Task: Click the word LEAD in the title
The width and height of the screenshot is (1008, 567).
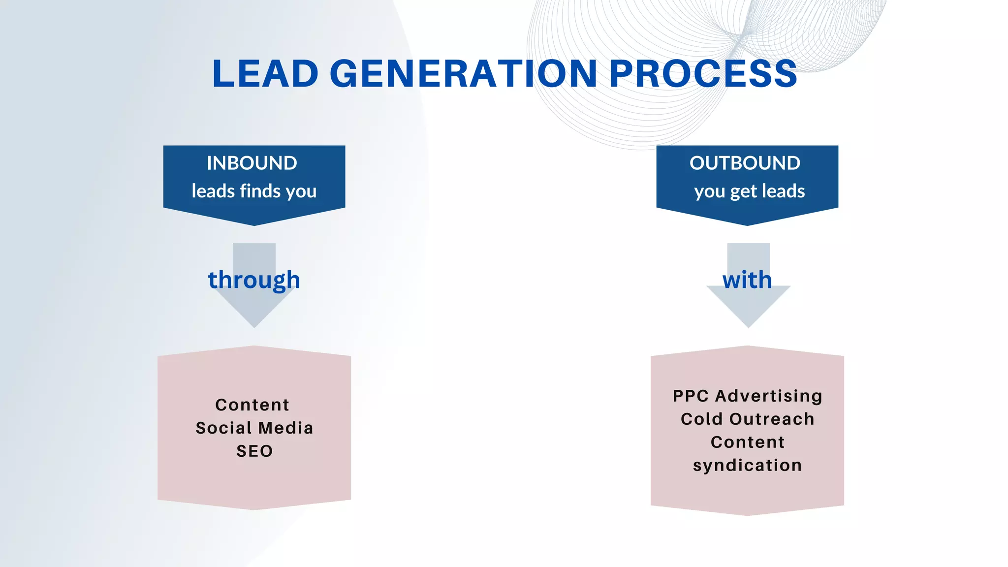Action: tap(266, 74)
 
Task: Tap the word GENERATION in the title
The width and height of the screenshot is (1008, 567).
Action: tap(463, 74)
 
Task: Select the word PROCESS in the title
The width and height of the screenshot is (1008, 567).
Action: tap(703, 74)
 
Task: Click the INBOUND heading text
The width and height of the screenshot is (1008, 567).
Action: tap(252, 163)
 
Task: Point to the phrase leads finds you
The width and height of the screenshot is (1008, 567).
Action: tap(254, 191)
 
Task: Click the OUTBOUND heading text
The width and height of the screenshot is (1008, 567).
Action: tap(745, 163)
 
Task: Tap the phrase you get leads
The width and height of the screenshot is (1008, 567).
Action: tap(749, 191)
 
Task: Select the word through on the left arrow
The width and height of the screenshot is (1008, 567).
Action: tap(254, 280)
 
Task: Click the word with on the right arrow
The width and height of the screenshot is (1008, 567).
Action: tap(747, 280)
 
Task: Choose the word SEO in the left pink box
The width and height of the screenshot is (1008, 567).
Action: tap(254, 451)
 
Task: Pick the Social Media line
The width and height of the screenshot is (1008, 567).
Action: tap(254, 428)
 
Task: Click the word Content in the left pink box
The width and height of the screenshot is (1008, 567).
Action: tap(252, 405)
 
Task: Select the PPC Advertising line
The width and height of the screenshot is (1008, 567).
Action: tap(747, 396)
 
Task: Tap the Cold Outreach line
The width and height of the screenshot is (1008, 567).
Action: tap(747, 419)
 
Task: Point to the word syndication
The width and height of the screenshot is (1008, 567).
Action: tap(747, 465)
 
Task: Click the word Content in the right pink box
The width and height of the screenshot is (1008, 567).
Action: tap(747, 442)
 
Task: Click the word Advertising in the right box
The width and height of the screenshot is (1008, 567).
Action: tap(768, 396)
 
